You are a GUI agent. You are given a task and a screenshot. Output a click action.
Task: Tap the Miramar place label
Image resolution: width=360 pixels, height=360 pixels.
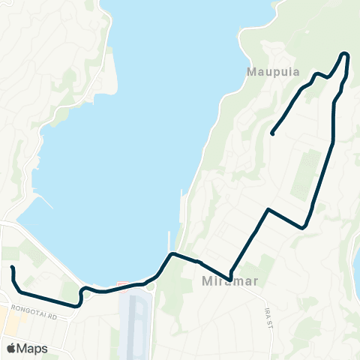(224, 282)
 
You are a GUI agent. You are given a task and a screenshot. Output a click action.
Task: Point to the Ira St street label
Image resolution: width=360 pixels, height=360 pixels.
(268, 316)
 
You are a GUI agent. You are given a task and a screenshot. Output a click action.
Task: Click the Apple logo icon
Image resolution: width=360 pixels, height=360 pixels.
(10, 348)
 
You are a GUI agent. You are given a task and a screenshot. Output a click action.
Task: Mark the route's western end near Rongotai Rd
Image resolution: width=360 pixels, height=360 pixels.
(13, 268)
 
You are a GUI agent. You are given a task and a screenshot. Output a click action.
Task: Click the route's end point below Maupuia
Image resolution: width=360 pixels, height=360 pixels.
(271, 133)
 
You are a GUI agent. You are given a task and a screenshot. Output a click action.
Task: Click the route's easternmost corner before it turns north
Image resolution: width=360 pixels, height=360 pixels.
(304, 226)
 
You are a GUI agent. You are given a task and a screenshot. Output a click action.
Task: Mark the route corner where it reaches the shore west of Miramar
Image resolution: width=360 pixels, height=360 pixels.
(172, 254)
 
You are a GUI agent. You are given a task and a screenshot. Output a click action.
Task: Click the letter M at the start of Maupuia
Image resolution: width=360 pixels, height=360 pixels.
(251, 73)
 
